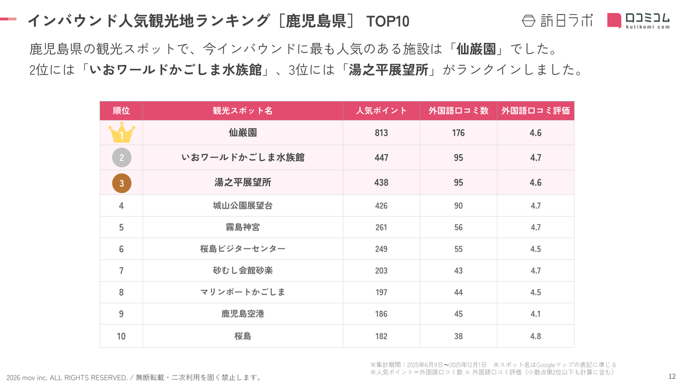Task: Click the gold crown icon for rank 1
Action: point(121,133)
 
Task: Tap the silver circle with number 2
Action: point(121,157)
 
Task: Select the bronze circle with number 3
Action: point(121,183)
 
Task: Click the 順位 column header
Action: point(121,111)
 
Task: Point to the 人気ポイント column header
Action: point(381,111)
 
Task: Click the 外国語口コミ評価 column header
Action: point(536,111)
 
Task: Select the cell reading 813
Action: point(381,133)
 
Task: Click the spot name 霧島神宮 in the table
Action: point(243,227)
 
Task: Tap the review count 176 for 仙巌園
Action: point(458,133)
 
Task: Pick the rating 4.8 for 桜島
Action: point(536,336)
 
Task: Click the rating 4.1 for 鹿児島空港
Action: point(536,314)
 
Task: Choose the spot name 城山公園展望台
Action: point(243,206)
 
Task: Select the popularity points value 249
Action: point(381,249)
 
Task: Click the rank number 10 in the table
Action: point(121,336)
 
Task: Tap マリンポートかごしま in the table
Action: point(243,292)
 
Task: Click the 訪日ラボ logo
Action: point(557,21)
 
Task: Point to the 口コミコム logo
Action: point(638,21)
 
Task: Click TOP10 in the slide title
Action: point(388,21)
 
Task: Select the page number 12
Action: point(672,377)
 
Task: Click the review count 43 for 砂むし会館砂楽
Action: point(458,271)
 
